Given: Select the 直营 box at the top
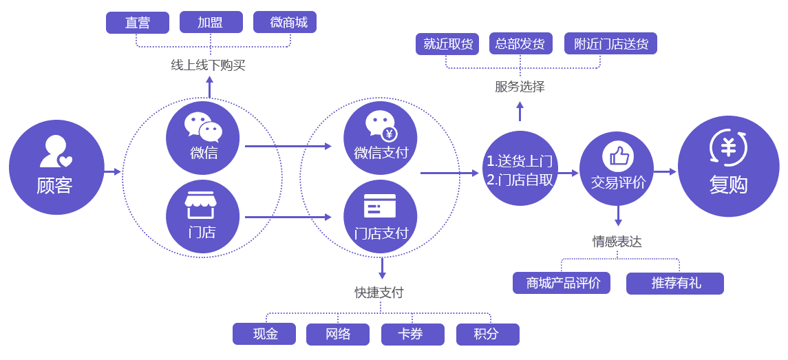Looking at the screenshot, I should (138, 22).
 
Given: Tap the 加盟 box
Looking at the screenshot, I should (211, 22).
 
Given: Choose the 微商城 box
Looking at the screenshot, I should (285, 22).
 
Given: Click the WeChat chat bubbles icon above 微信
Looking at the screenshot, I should (203, 127).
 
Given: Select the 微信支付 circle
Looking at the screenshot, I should (381, 138).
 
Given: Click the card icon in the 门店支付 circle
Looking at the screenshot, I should (380, 206).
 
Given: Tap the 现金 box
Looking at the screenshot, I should (264, 334).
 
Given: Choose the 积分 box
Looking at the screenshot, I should (487, 334).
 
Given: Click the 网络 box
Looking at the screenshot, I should (339, 334).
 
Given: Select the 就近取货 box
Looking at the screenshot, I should (447, 44).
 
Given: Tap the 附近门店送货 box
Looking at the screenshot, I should (610, 44).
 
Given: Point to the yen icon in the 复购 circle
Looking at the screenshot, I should (728, 148).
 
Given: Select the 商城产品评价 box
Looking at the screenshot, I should (562, 283).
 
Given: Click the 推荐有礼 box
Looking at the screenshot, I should (675, 283).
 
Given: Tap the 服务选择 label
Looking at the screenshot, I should (520, 87).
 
